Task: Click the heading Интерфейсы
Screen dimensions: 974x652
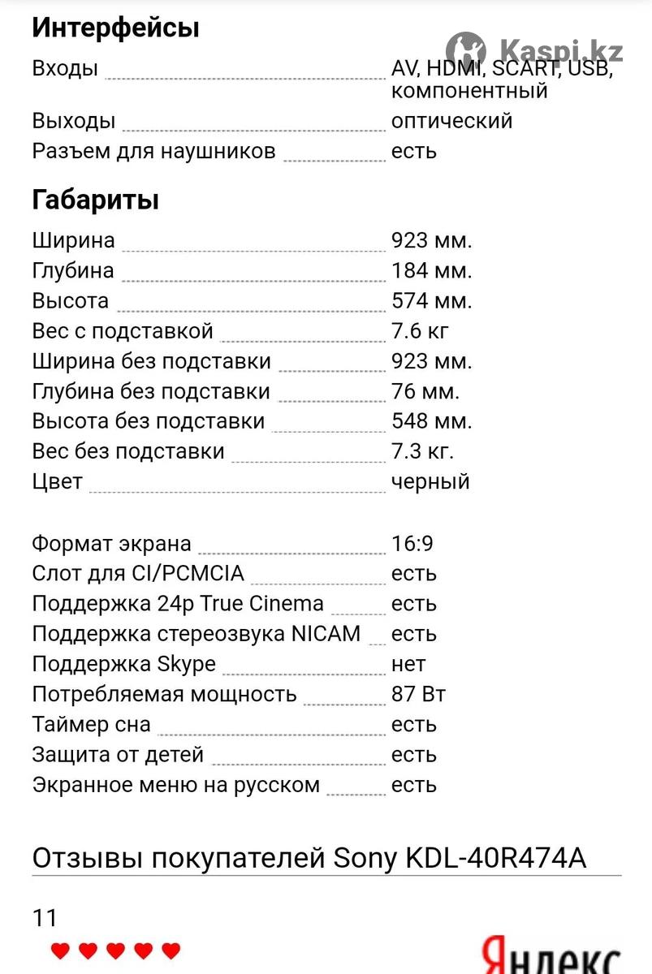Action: pos(115,28)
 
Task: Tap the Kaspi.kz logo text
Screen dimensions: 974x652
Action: pos(561,50)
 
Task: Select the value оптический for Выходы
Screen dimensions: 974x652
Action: pos(451,121)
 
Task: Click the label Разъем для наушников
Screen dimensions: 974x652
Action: pos(153,151)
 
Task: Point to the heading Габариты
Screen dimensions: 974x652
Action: pos(95,200)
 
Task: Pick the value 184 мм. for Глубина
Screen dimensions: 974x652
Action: pos(431,270)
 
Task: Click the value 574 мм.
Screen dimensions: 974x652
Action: pos(431,300)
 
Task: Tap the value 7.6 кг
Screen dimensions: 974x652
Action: pos(420,330)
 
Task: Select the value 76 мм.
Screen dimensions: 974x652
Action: pos(425,391)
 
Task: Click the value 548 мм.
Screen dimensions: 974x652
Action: pos(431,421)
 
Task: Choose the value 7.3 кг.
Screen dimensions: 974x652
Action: pos(422,451)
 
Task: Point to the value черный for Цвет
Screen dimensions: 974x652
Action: pos(430,481)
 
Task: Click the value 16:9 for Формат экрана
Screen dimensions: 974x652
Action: pos(412,543)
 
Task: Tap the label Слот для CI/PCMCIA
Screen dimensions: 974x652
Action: pos(138,573)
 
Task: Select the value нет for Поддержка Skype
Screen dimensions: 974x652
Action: pos(408,664)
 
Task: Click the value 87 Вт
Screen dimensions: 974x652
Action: pos(418,694)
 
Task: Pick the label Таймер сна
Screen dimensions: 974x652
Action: pos(91,724)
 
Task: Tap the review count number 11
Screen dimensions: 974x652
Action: pos(45,918)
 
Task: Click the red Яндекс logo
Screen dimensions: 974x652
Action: pos(552,958)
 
